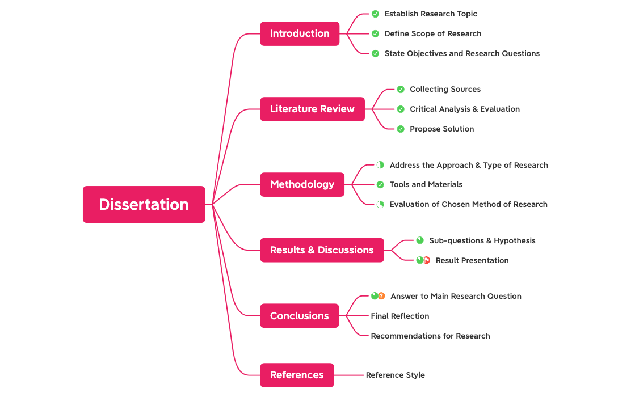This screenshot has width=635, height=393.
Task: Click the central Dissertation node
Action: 144,204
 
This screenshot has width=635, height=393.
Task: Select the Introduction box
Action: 300,33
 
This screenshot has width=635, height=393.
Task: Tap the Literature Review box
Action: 312,109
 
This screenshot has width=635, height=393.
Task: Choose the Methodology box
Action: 302,184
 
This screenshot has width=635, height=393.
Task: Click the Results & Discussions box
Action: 322,250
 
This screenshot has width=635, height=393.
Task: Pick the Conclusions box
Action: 299,316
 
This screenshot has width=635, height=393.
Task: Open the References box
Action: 297,375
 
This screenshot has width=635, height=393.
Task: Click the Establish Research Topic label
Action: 431,14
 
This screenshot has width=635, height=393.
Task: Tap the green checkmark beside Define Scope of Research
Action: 375,34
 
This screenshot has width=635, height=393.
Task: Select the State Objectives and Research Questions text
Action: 462,53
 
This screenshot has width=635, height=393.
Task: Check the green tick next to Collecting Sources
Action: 401,90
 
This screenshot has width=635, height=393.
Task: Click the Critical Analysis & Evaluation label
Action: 465,109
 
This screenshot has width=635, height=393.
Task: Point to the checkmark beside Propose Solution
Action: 401,129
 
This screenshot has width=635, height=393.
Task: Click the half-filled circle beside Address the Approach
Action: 380,165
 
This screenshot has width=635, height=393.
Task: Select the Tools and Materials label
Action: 426,184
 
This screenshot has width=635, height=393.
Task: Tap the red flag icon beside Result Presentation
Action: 427,260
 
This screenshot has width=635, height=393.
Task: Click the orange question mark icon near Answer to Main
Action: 381,296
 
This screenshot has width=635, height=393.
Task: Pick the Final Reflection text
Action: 399,316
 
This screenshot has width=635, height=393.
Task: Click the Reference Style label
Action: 395,375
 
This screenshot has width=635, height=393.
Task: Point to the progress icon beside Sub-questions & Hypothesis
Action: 420,240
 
